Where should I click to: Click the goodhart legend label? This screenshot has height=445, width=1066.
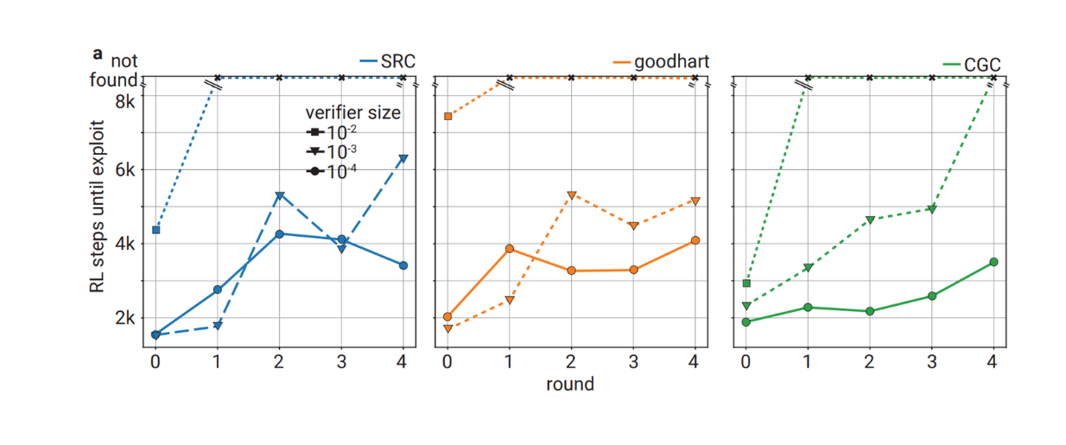[x=671, y=61]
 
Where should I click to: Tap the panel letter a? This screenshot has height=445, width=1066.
[x=98, y=54]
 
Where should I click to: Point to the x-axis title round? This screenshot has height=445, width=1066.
[x=570, y=384]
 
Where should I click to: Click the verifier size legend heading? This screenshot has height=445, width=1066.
[x=352, y=113]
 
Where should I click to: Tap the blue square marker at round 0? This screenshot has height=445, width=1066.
[x=155, y=230]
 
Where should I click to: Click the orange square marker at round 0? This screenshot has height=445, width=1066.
[x=447, y=116]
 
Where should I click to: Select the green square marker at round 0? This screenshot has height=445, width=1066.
[x=746, y=283]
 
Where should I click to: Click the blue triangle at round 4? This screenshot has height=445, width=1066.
[x=403, y=158]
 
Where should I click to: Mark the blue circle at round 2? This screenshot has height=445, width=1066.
[x=279, y=234]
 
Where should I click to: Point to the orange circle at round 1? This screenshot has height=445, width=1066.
[x=510, y=249]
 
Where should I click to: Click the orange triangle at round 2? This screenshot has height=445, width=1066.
[x=571, y=194]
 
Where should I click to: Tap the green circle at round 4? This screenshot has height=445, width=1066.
[x=993, y=262]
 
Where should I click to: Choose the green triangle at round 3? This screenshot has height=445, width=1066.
[x=931, y=209]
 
